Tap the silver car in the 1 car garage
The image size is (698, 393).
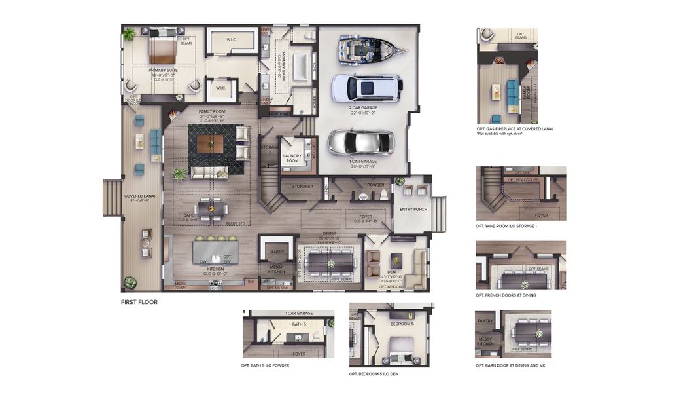(361, 142)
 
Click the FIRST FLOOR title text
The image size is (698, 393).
(139, 302)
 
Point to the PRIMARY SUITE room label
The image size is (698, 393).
(162, 70)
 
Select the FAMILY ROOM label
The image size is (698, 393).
(209, 112)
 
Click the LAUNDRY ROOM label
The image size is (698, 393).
(291, 158)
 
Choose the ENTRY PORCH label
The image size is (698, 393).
(413, 209)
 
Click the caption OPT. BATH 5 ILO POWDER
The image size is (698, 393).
(265, 365)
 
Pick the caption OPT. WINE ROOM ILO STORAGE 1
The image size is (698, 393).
(506, 226)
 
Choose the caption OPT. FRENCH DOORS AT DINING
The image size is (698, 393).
(505, 295)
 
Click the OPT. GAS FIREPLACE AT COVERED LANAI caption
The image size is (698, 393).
(515, 129)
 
